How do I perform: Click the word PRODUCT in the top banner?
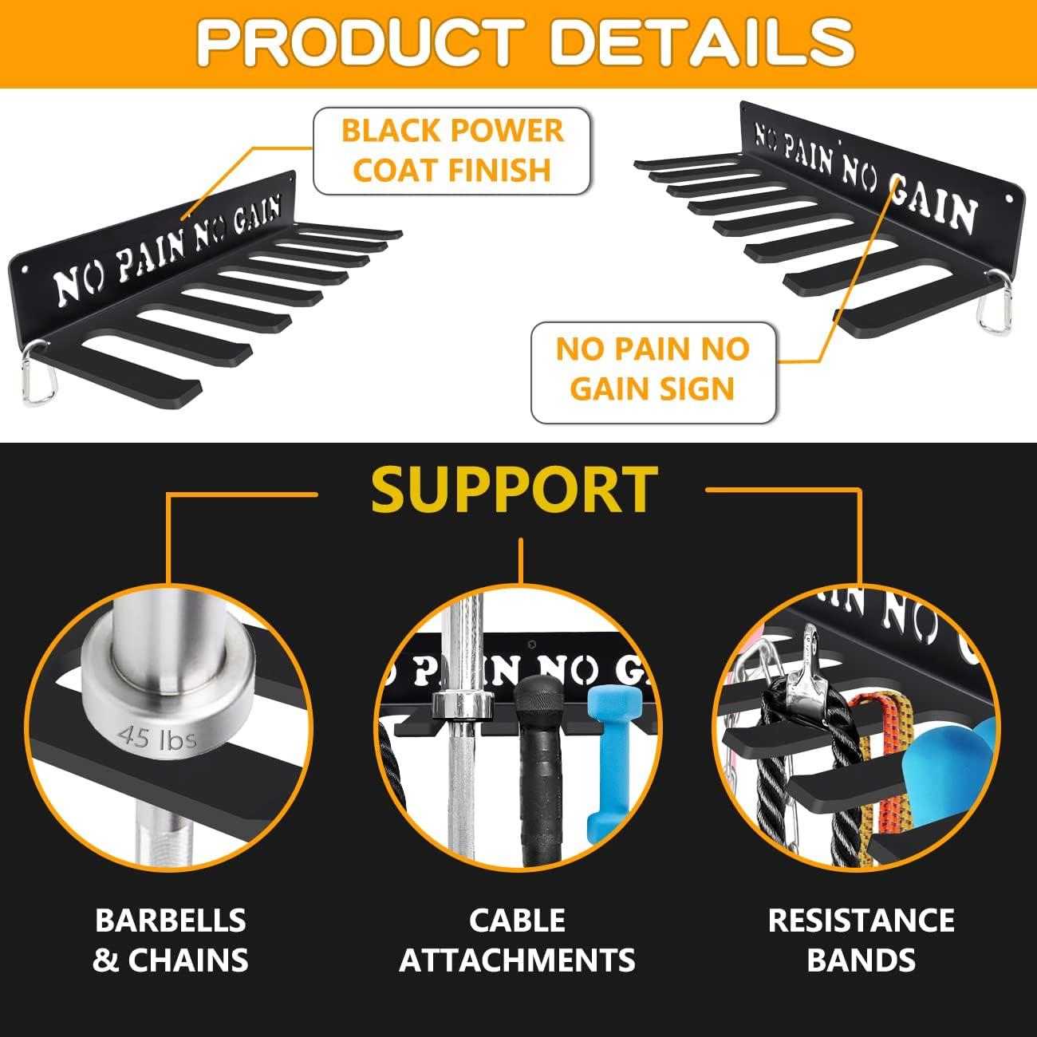(x=361, y=43)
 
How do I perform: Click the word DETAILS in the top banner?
(x=702, y=43)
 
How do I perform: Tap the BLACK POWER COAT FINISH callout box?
(x=452, y=151)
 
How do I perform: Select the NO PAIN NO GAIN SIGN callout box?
(x=653, y=373)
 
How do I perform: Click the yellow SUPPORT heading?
(x=515, y=491)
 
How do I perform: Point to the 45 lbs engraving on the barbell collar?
(x=158, y=739)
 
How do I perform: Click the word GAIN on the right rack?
(x=932, y=202)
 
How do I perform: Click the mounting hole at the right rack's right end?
(x=1009, y=199)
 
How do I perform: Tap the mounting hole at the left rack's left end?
(x=24, y=267)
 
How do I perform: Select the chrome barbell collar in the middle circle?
(x=463, y=706)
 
